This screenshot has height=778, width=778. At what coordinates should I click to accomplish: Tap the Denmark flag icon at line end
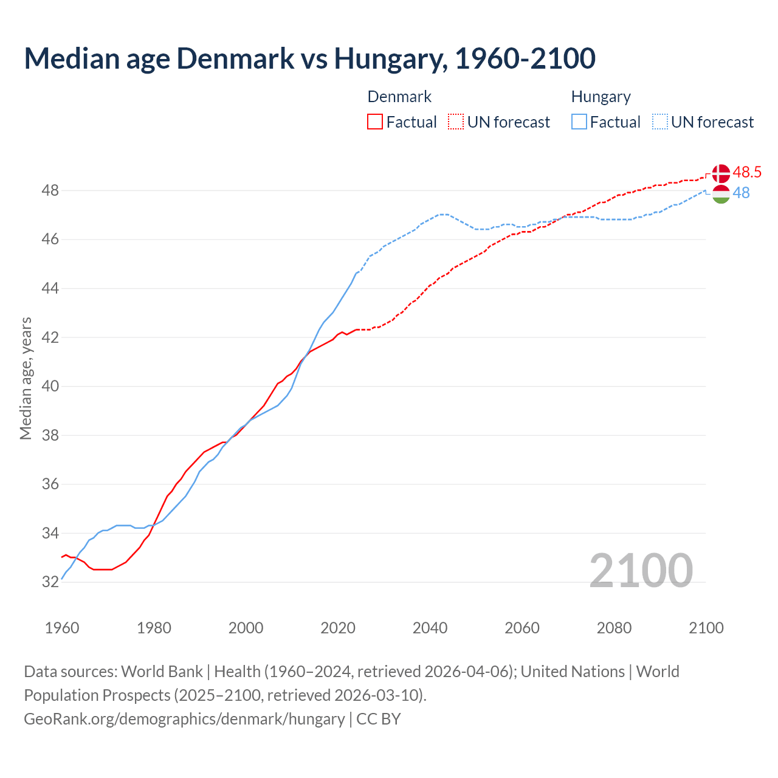(720, 173)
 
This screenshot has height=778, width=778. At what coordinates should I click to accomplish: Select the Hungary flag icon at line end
(720, 194)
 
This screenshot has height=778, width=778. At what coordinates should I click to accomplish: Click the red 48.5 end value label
(747, 173)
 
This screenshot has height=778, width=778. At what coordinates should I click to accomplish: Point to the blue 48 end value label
(741, 193)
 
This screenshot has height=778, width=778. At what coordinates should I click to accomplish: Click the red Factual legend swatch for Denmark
(375, 122)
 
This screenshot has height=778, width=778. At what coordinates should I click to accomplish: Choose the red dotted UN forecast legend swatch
(456, 122)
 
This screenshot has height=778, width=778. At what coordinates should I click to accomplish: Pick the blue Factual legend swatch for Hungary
(579, 122)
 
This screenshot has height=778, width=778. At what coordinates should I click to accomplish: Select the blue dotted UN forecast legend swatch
(660, 122)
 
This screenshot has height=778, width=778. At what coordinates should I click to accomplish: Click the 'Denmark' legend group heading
(399, 97)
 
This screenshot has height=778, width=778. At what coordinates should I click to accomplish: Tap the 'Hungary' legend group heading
(601, 97)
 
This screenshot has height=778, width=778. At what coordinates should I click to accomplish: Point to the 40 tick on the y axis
(50, 387)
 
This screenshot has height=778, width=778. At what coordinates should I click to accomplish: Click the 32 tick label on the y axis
(50, 582)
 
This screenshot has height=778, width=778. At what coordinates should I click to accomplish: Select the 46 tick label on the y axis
(50, 239)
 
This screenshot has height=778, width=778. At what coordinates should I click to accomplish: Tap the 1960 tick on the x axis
(62, 628)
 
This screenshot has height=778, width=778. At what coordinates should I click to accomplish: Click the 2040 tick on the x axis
(430, 628)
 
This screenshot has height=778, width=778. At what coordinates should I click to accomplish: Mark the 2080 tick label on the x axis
(614, 628)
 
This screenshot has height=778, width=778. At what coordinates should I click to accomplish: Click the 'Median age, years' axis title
(26, 378)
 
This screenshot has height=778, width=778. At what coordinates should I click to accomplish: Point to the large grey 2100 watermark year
(641, 571)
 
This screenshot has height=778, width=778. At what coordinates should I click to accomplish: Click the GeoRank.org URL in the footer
(184, 719)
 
